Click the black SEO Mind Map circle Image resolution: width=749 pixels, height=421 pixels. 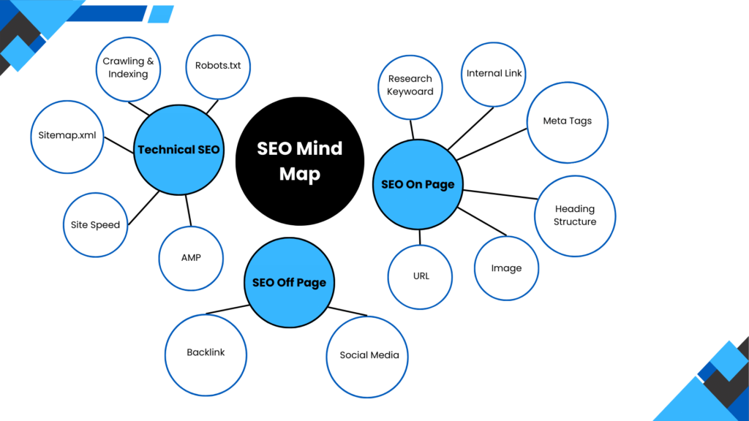point(299,162)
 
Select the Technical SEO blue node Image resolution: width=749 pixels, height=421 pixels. point(178,150)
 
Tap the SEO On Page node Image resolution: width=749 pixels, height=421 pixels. point(418,184)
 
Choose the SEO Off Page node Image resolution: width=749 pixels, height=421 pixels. point(289,282)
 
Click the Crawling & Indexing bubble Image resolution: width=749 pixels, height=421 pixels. point(128,68)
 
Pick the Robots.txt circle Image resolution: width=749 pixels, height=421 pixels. point(218,67)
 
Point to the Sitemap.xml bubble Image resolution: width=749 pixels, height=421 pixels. point(67,135)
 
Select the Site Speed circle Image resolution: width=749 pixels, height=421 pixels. point(95,224)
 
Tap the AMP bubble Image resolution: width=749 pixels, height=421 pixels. point(191,257)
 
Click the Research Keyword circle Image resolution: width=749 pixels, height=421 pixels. point(410,86)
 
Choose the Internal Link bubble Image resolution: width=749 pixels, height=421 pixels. point(494,74)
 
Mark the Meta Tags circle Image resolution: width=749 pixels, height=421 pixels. point(568,121)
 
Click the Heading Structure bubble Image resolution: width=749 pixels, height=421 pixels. point(575,215)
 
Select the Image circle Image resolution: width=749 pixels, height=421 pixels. point(506,268)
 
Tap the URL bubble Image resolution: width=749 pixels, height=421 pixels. point(421,276)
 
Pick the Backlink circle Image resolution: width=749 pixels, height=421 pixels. point(206,352)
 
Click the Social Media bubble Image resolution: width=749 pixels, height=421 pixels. point(369,355)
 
